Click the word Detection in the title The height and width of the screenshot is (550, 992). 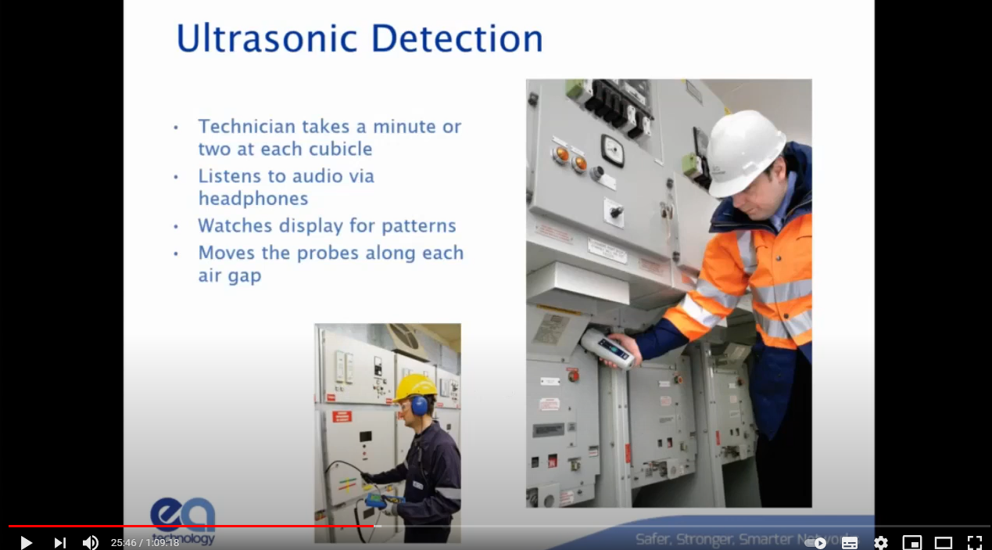[457, 39]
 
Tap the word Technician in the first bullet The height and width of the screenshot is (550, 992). [247, 126]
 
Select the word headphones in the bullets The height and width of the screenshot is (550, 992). [253, 199]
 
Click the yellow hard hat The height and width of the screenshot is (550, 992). [415, 386]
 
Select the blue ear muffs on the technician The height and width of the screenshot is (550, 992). [420, 405]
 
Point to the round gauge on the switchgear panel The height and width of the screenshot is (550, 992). [611, 149]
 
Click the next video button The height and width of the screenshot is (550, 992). [59, 542]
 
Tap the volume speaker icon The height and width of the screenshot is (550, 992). [91, 542]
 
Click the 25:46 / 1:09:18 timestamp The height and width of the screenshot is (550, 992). [145, 542]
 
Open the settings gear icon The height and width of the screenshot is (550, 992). [881, 542]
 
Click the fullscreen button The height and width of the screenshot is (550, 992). [974, 542]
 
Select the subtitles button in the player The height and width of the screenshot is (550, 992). [850, 542]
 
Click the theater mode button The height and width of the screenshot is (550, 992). [944, 542]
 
